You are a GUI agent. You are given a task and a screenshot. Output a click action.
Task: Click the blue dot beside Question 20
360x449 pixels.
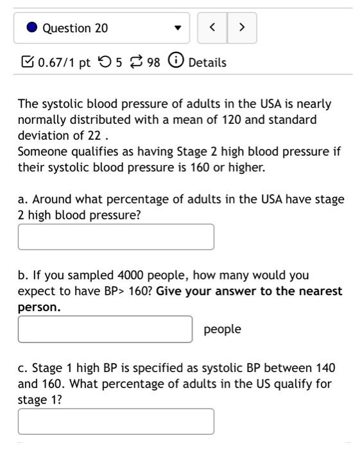tap(33, 28)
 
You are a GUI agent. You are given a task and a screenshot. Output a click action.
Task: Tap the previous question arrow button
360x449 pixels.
tap(212, 28)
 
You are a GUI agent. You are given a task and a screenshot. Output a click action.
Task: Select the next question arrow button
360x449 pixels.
tap(241, 28)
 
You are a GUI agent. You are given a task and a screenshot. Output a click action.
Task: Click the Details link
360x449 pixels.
tap(207, 63)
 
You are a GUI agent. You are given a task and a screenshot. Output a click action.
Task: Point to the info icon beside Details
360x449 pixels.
tap(175, 62)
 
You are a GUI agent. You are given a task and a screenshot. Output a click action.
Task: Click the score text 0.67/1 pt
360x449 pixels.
tap(64, 63)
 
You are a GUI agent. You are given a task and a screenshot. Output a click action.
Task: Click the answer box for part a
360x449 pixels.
tap(116, 237)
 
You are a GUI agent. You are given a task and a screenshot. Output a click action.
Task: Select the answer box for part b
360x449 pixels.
tap(105, 329)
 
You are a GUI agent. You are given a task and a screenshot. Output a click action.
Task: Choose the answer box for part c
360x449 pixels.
tap(116, 421)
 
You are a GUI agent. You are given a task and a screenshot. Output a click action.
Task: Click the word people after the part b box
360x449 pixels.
tap(222, 329)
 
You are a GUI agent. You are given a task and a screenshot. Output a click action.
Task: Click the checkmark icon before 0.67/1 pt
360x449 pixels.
tap(27, 62)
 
